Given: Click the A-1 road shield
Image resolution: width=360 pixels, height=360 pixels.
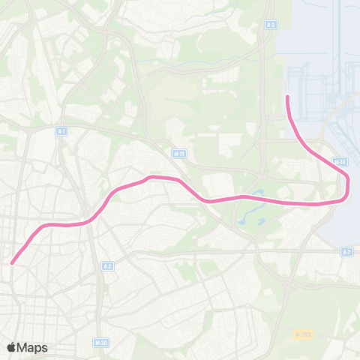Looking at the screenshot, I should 61,130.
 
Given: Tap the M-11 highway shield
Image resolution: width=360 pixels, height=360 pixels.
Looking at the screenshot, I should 178,153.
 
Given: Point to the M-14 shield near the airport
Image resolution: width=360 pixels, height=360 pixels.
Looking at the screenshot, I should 339,161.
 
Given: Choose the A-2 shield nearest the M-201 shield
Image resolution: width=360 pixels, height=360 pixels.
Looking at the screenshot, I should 346,252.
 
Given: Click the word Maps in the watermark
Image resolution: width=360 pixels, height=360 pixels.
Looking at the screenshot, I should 32,347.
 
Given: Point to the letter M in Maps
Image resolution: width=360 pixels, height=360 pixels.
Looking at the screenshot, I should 22,347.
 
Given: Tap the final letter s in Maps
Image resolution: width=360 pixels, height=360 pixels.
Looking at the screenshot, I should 44,348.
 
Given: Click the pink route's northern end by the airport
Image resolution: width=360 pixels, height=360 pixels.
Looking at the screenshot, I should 288,97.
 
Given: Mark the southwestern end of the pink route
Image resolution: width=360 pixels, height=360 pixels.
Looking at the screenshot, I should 13,262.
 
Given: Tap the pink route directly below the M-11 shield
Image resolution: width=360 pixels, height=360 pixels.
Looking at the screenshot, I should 178,180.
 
